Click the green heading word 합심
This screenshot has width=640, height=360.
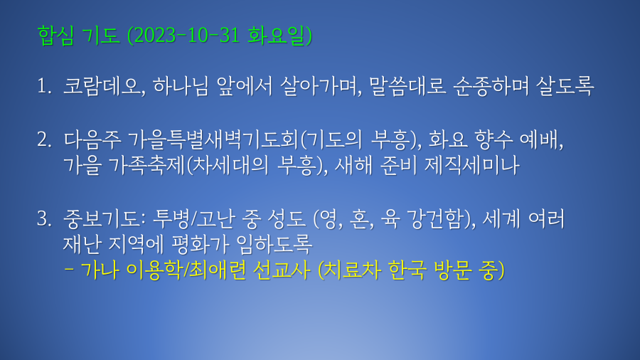point(56,35)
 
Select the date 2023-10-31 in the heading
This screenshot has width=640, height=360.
point(186,35)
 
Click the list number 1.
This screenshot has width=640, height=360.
point(43,86)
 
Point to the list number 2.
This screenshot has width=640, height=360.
point(44,140)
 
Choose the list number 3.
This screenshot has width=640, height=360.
point(44,219)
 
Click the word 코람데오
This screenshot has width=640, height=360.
point(101,86)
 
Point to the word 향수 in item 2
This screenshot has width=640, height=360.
point(493,139)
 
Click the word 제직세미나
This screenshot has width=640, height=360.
point(472,165)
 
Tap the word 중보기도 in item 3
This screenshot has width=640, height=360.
point(101,219)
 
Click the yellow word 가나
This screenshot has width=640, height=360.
point(100,270)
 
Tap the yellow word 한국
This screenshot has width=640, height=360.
point(407,270)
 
